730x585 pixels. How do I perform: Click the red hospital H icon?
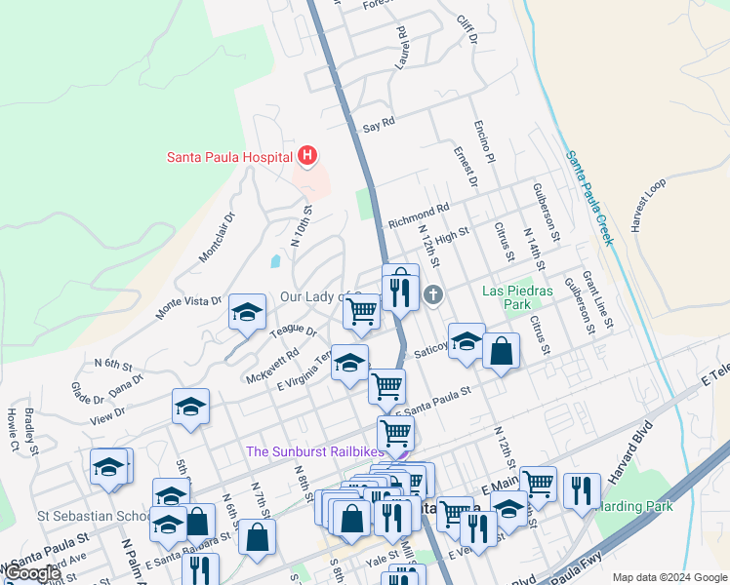pyautogui.click(x=308, y=155)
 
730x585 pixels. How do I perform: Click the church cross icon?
pyautogui.click(x=432, y=293)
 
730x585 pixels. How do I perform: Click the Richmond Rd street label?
pyautogui.click(x=418, y=215)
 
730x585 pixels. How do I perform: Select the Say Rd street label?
pyautogui.click(x=378, y=124)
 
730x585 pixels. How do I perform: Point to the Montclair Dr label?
pyautogui.click(x=218, y=237)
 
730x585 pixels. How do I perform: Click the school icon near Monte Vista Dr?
pyautogui.click(x=247, y=314)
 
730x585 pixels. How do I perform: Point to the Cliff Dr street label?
pyautogui.click(x=466, y=30)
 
